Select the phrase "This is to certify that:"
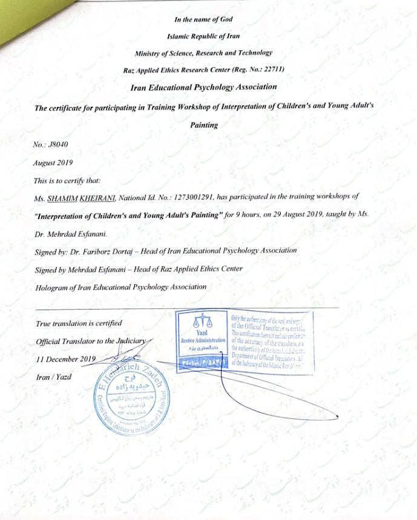[67, 180]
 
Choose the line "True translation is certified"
[79, 323]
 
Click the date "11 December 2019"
[67, 359]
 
